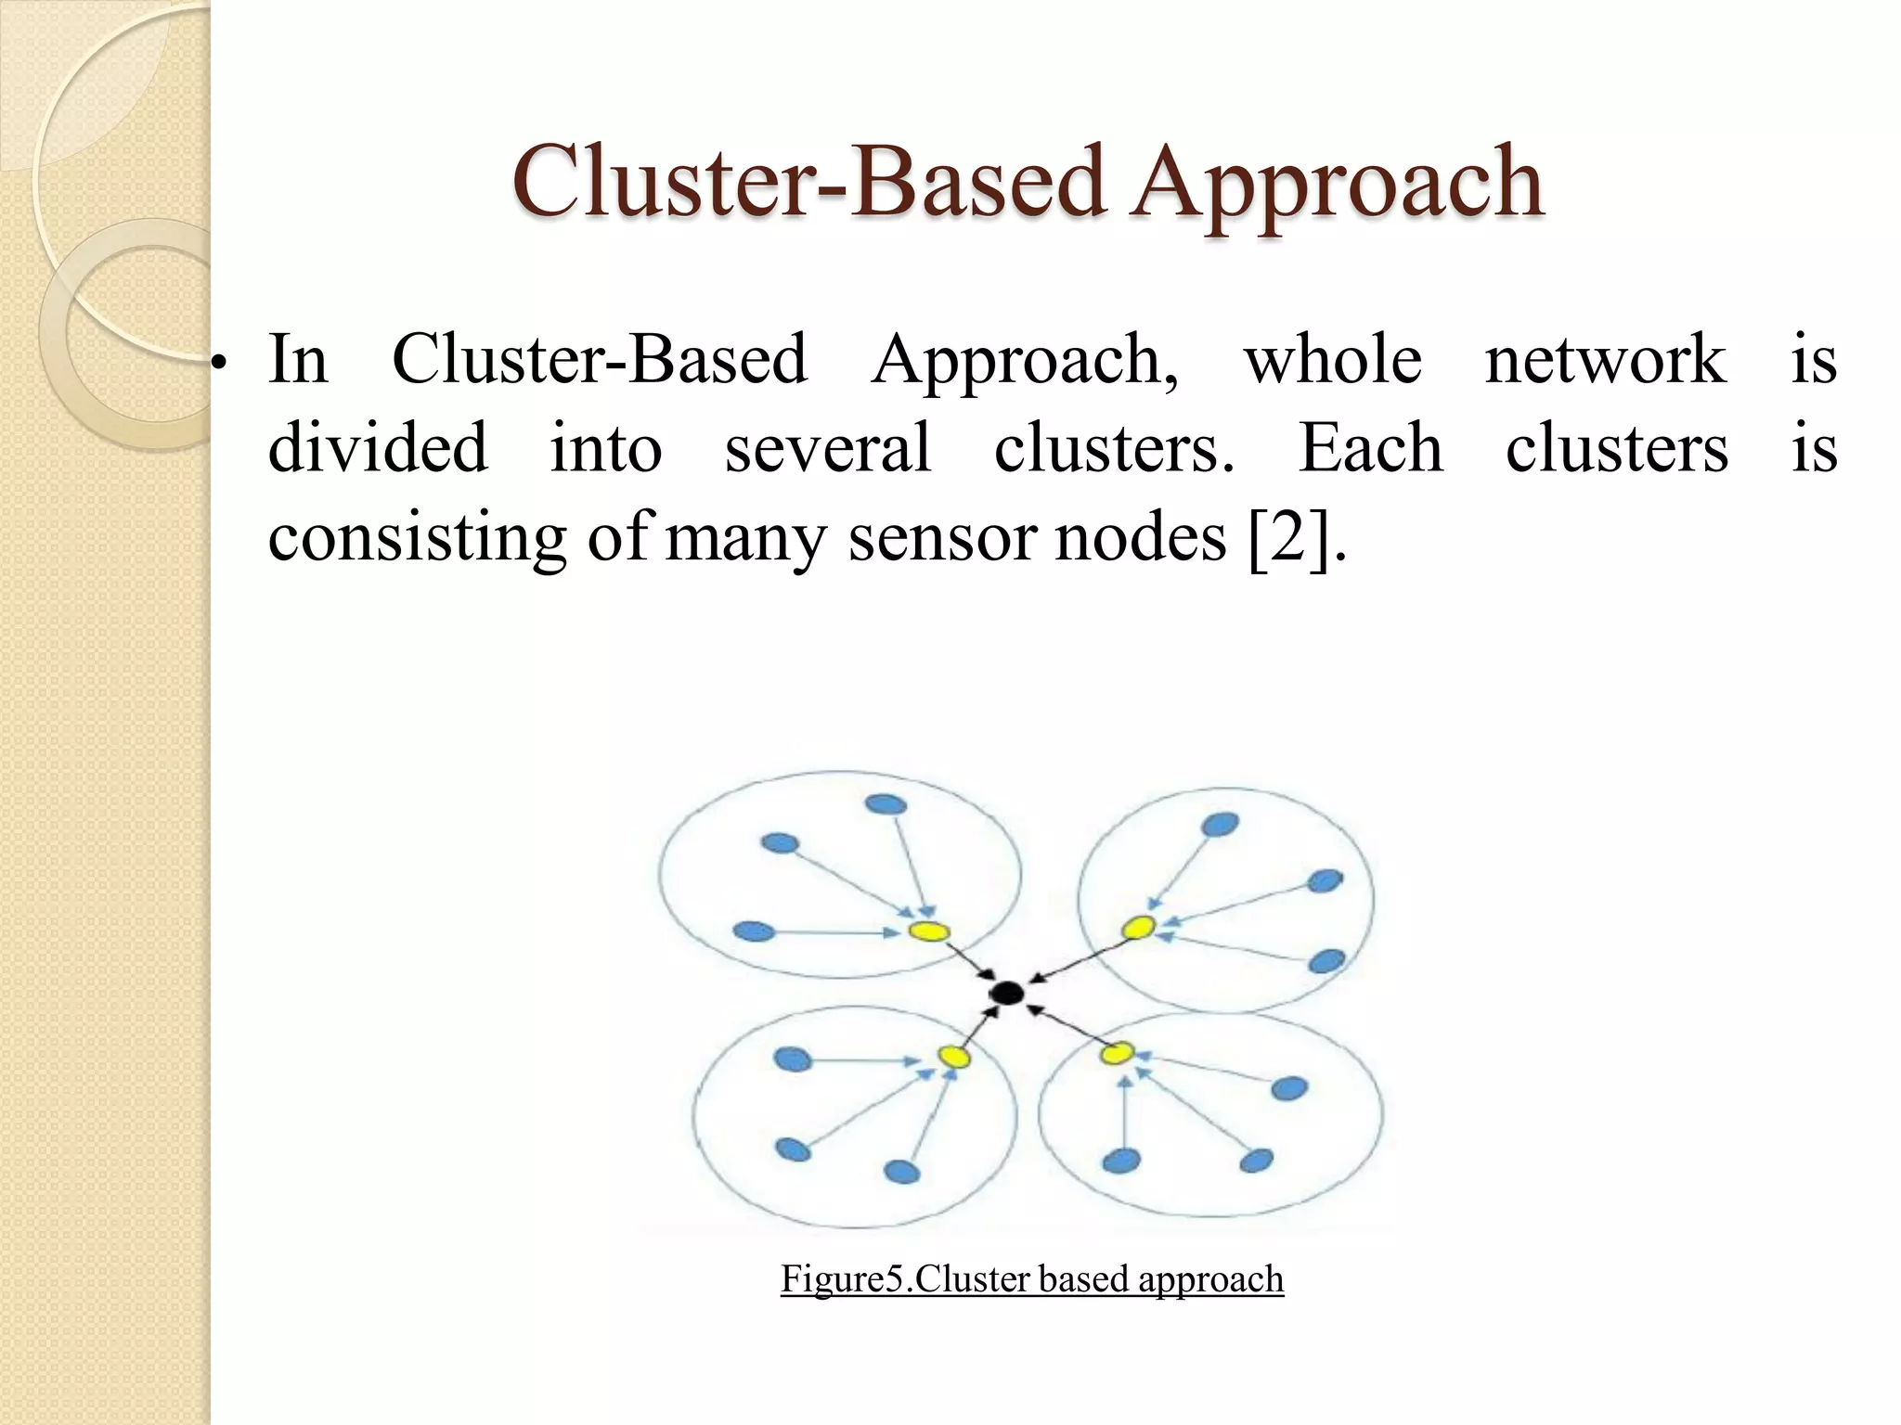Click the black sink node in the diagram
click(x=1006, y=994)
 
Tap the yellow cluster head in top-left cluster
click(x=928, y=931)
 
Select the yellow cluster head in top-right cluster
click(x=1138, y=926)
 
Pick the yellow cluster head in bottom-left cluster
click(x=953, y=1056)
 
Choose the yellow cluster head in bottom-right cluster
click(x=1118, y=1053)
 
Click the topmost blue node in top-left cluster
click(x=886, y=804)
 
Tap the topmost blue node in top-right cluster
click(x=1220, y=824)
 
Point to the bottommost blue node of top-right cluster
click(x=1326, y=961)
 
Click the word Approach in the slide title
click(x=1336, y=184)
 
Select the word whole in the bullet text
click(x=1333, y=359)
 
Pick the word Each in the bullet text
click(x=1370, y=448)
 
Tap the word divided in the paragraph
click(x=378, y=448)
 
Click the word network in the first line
click(x=1605, y=359)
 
